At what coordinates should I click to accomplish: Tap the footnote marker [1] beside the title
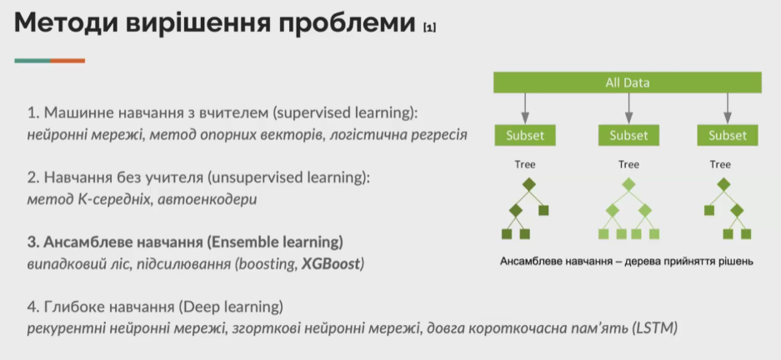[429, 27]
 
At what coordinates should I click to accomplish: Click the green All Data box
[627, 82]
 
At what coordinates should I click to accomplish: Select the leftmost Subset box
[525, 136]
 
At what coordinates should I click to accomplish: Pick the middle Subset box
[628, 136]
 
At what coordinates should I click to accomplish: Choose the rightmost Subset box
[727, 136]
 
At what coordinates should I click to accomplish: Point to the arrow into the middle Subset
[628, 108]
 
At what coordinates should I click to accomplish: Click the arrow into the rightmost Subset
[727, 108]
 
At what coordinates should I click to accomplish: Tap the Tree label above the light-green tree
[628, 165]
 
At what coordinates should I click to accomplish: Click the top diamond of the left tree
[529, 185]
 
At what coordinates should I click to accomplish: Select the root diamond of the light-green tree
[628, 185]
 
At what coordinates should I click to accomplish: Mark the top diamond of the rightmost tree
[723, 185]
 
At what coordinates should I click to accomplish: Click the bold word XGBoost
[331, 264]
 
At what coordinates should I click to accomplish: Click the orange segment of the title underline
[68, 61]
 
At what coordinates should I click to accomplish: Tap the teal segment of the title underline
[33, 61]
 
